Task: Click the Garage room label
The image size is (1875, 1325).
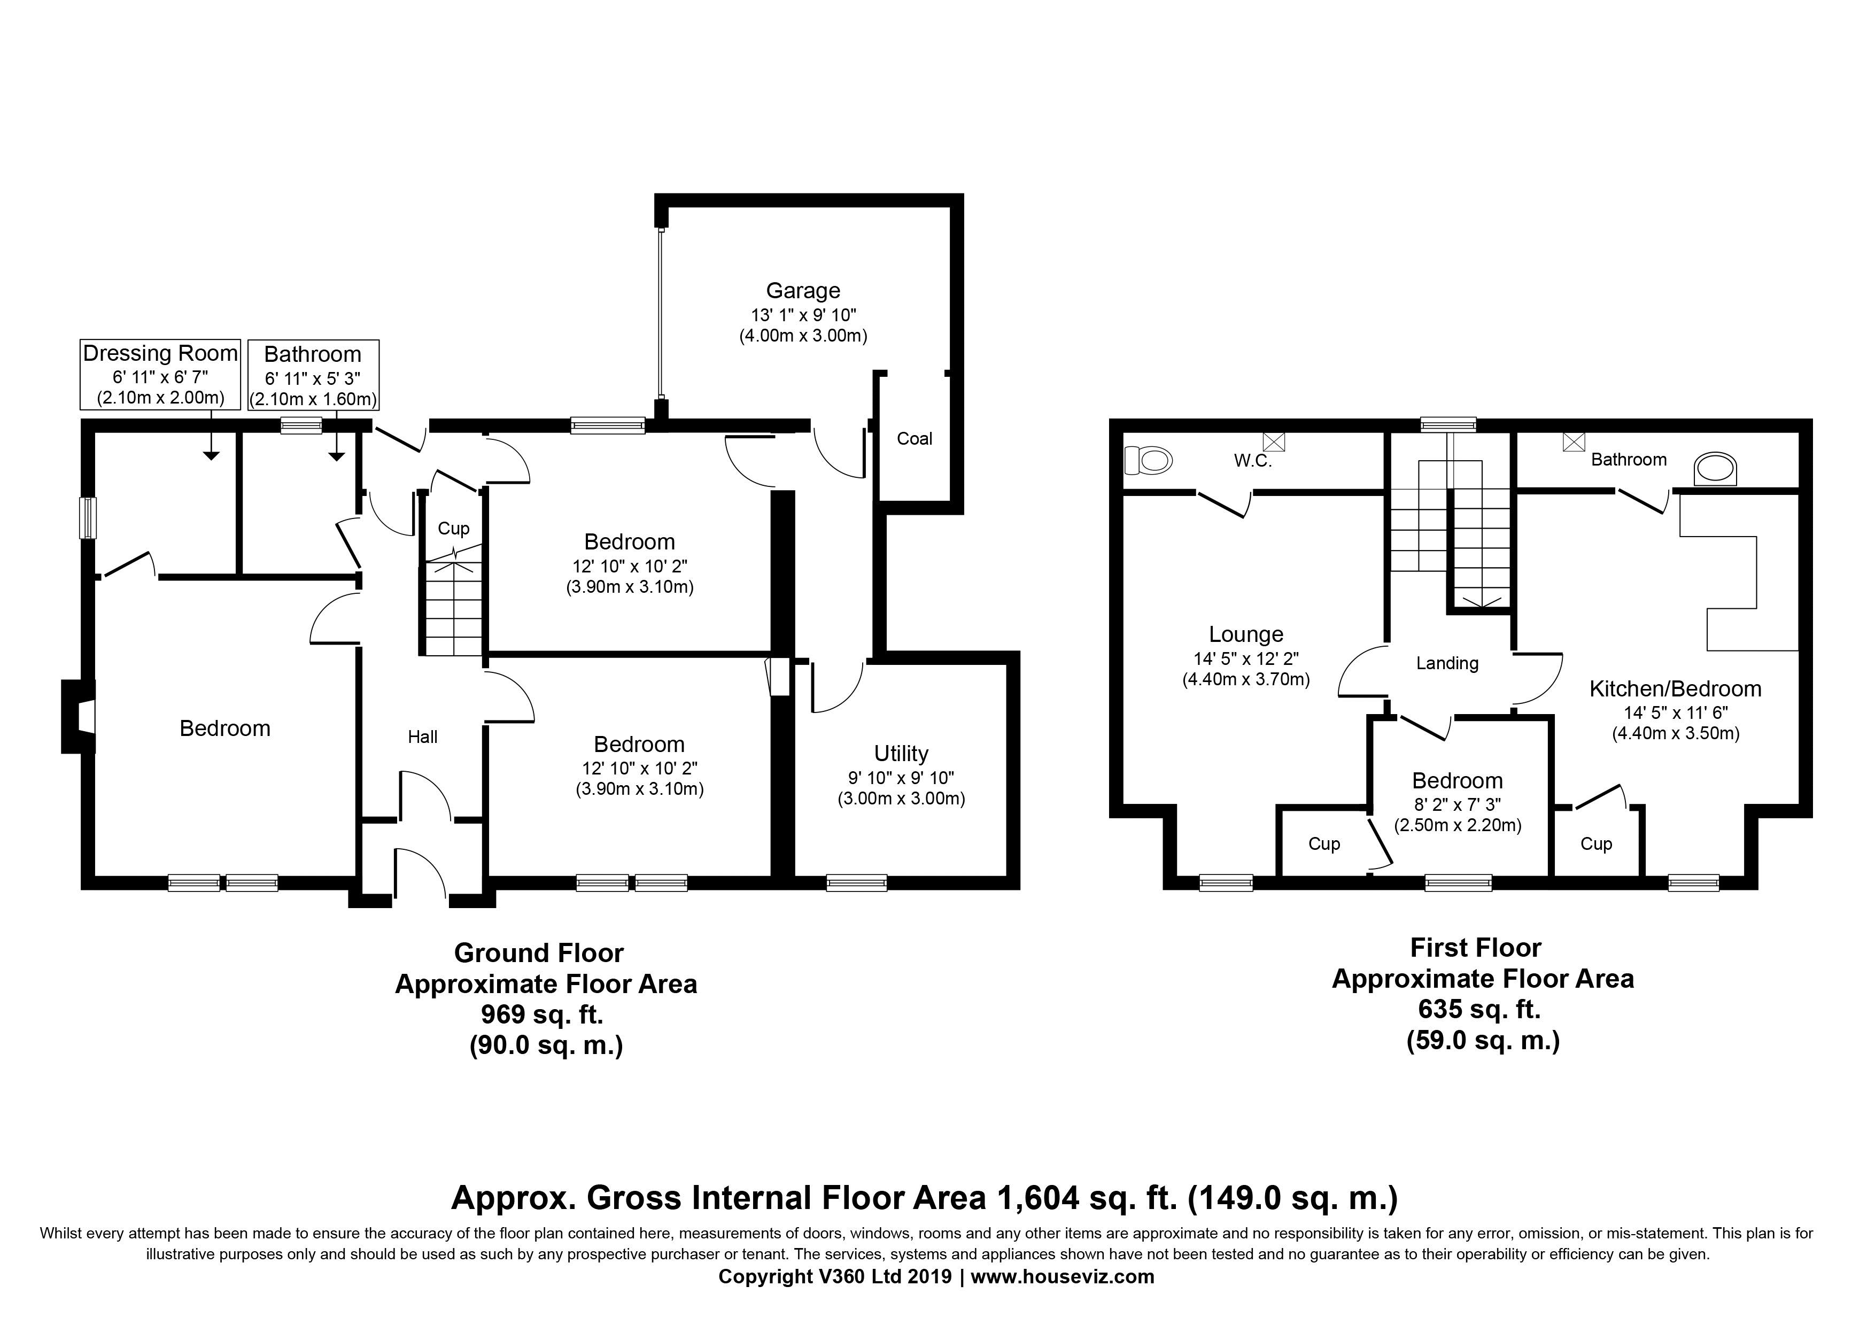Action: [x=803, y=291]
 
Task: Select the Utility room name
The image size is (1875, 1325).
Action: [x=901, y=754]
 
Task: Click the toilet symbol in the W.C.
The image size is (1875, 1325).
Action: [x=1148, y=460]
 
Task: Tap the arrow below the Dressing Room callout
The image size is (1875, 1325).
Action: [x=212, y=435]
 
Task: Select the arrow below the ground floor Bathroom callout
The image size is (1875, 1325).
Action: [x=336, y=435]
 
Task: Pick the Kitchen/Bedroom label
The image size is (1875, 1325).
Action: [x=1675, y=689]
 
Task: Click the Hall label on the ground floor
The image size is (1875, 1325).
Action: [x=423, y=737]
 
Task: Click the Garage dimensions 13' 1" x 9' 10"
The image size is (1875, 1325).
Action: [x=803, y=315]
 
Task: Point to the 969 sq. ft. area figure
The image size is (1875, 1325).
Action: [x=543, y=1015]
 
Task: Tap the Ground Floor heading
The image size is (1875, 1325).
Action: [x=539, y=952]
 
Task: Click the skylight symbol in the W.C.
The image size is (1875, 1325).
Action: [x=1274, y=441]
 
